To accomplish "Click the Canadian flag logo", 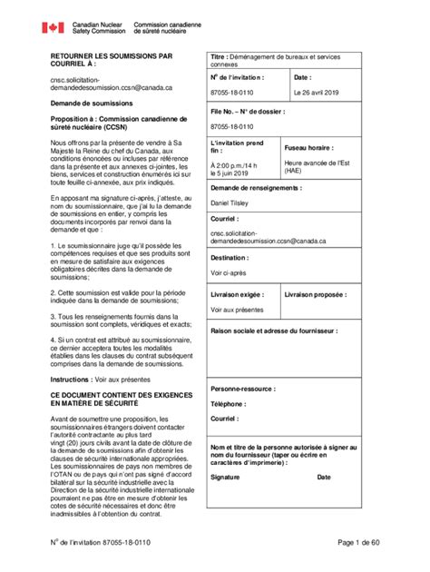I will (53, 27).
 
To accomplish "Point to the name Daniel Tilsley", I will (234, 202).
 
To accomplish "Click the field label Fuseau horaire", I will (308, 146).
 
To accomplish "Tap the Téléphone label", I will (228, 403).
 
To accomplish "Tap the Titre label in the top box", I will (220, 57).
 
